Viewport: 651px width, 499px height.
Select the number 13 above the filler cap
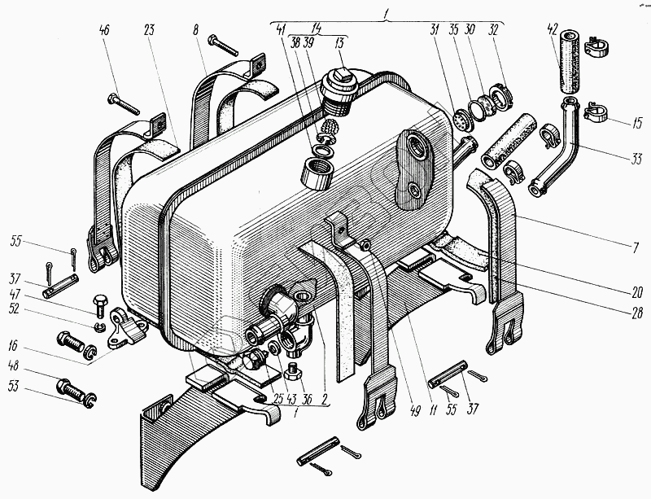pyautogui.click(x=340, y=43)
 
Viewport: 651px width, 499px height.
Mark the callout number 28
pyautogui.click(x=636, y=306)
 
